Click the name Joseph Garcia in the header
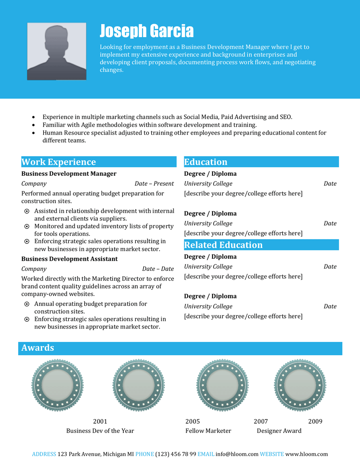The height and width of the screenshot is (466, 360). (x=146, y=31)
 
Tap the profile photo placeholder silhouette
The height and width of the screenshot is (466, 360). (x=56, y=51)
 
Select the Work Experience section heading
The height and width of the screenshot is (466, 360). (x=58, y=162)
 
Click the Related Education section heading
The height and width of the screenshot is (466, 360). (x=223, y=245)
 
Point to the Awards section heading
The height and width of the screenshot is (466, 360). (x=37, y=348)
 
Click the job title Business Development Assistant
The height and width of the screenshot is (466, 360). (x=69, y=259)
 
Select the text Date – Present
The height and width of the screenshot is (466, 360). (x=154, y=183)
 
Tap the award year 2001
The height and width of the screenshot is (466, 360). (x=100, y=422)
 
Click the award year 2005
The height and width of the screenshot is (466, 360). (x=192, y=422)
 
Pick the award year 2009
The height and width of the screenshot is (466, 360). (x=315, y=422)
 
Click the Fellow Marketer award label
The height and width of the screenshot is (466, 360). (x=208, y=431)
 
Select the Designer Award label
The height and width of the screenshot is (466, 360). (x=279, y=431)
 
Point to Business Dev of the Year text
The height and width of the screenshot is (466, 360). (x=100, y=431)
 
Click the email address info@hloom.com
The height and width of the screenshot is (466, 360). (x=237, y=454)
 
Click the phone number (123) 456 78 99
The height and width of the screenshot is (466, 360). (x=176, y=454)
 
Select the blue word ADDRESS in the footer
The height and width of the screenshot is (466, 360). (x=44, y=454)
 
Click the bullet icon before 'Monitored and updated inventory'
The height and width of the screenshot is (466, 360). (x=27, y=227)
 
